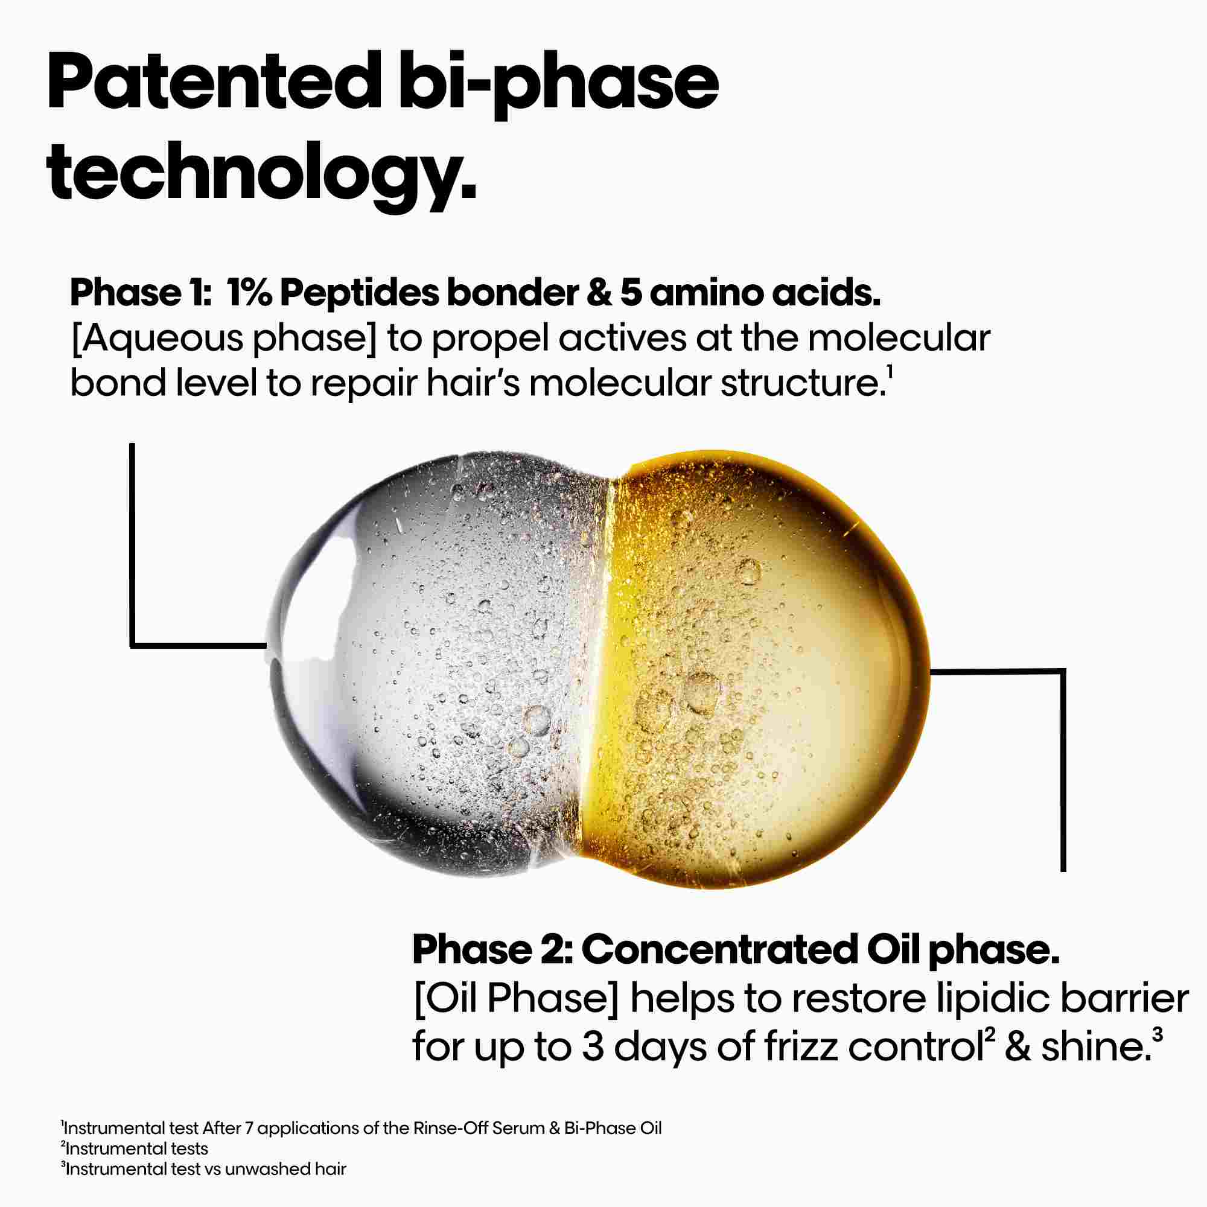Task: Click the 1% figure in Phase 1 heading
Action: (x=249, y=294)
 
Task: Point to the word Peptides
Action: (x=358, y=294)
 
